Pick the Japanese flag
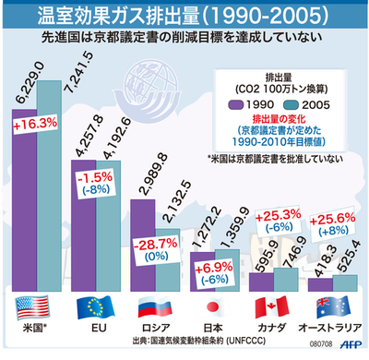pyautogui.click(x=213, y=308)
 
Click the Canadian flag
pyautogui.click(x=268, y=308)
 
